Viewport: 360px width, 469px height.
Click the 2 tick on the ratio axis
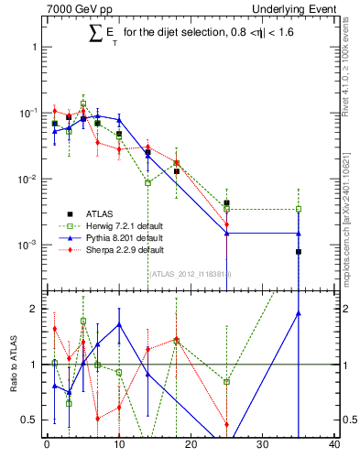(35, 309)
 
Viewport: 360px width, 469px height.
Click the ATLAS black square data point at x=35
(299, 252)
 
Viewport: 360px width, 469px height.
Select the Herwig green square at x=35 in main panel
(299, 209)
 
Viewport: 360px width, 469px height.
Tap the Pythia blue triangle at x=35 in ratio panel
(299, 313)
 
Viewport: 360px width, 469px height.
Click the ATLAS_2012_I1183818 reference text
(191, 273)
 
